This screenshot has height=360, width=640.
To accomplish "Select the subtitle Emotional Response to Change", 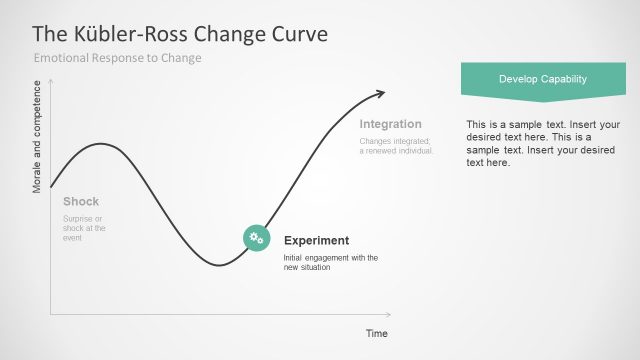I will pos(117,58).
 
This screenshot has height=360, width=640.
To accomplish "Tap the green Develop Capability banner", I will pos(542,79).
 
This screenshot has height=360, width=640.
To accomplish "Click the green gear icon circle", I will pos(256,237).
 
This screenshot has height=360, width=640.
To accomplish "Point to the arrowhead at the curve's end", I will pos(379,94).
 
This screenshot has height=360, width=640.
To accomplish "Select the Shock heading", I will pos(81,201).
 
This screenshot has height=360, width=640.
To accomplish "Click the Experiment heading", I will pos(316,240).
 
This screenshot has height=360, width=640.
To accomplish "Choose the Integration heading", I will pos(390,124).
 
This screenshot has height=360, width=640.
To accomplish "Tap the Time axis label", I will pos(376,333).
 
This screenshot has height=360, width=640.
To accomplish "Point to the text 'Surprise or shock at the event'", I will pos(84,228).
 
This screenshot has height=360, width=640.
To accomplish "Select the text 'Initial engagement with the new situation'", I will pos(330,262).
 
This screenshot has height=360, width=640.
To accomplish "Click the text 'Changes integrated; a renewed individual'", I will pos(396,146).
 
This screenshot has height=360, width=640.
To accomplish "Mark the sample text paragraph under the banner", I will pos(542,143).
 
